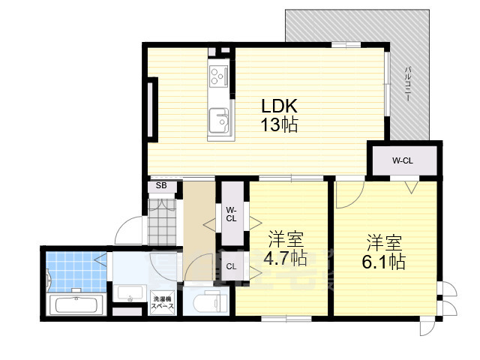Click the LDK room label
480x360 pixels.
[x=279, y=106]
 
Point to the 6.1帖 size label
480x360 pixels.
[x=385, y=262]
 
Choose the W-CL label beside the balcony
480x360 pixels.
[x=403, y=160]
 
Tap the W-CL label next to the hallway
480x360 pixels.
[x=231, y=214]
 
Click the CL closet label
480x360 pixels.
[x=231, y=265]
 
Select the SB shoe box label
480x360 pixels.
[x=161, y=186]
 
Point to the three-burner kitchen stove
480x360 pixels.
[x=219, y=76]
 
